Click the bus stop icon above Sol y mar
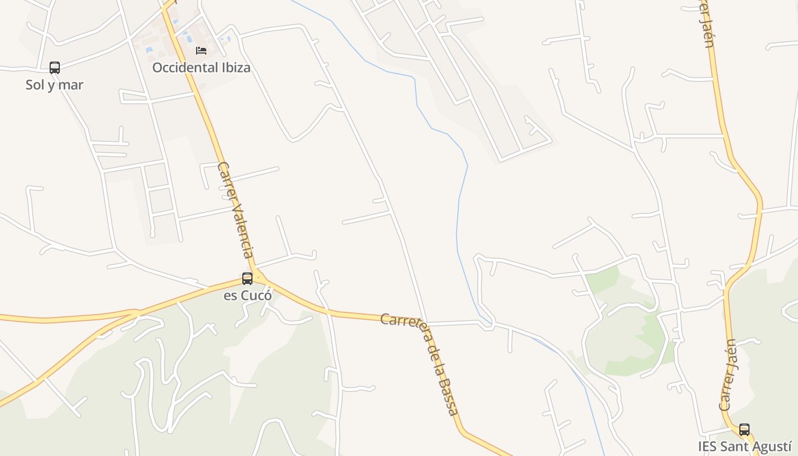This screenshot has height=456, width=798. click(55, 68)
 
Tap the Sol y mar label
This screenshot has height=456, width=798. click(55, 85)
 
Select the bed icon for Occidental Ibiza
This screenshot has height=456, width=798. click(201, 51)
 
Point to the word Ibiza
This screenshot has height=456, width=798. click(234, 68)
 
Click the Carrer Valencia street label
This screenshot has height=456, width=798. click(235, 210)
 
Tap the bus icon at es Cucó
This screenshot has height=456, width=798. click(247, 279)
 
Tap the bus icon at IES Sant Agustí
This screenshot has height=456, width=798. click(744, 430)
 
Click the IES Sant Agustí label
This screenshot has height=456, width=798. click(745, 446)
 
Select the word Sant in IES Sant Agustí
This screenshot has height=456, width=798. click(735, 446)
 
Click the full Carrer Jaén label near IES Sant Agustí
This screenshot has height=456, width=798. click(728, 375)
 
